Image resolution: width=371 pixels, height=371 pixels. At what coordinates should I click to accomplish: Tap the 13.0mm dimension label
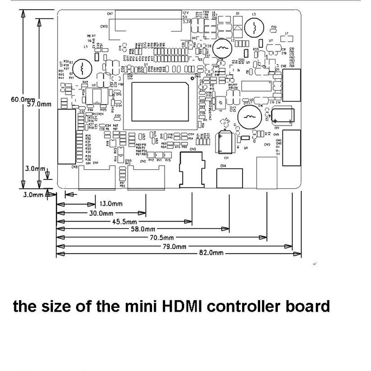coord(110,204)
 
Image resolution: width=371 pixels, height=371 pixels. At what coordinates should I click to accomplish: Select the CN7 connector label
coord(110,14)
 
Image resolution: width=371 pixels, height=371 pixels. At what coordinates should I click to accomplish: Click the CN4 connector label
coord(223,166)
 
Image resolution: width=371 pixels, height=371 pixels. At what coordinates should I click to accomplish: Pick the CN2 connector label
coord(144,161)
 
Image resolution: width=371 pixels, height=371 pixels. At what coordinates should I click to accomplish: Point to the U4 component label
coord(246,147)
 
